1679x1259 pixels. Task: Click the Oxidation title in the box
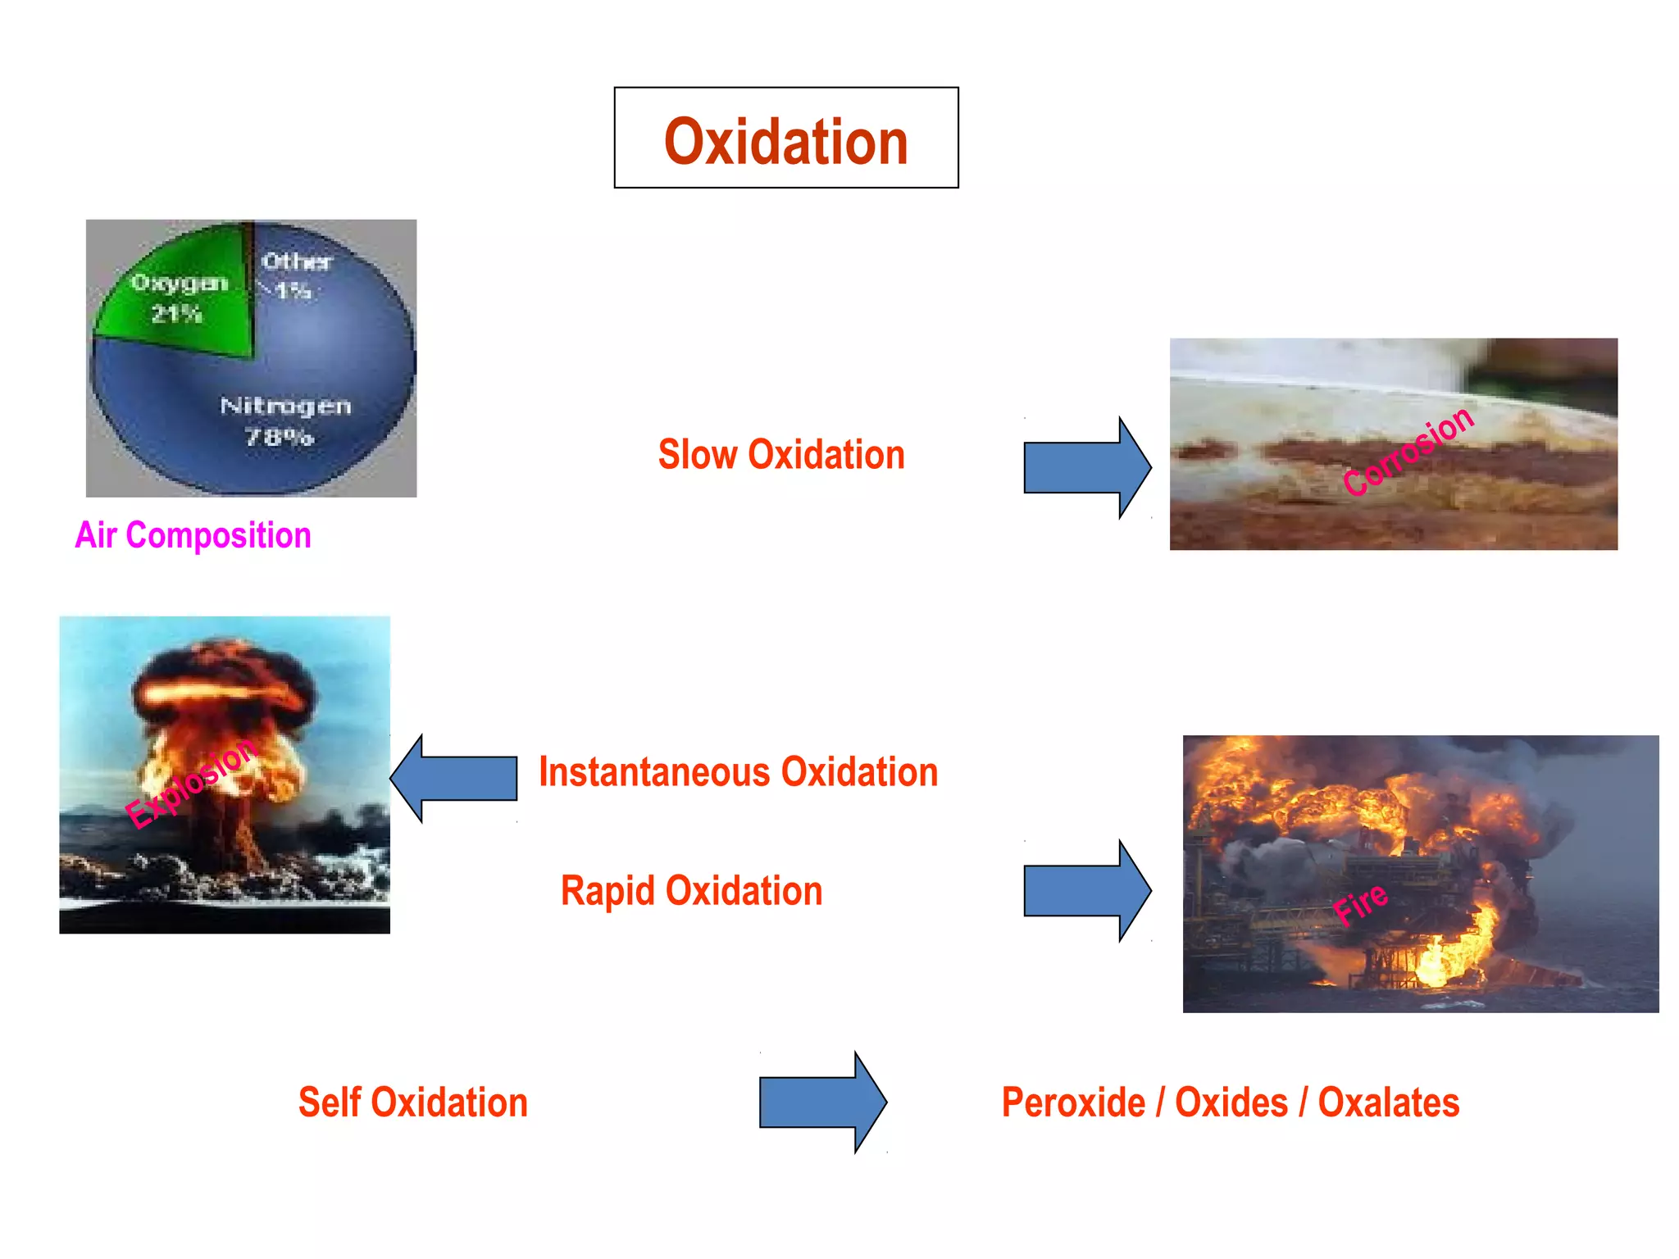tap(785, 141)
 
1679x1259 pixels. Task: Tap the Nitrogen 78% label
tap(284, 421)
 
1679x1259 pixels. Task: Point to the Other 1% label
tap(295, 275)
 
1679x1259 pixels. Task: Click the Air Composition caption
tap(193, 535)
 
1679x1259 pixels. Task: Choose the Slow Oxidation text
tap(780, 455)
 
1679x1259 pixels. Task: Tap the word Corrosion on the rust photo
tap(1408, 451)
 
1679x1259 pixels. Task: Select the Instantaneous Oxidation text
tap(738, 772)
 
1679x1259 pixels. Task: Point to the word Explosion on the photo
tap(192, 782)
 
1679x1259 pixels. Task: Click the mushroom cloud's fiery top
tap(221, 680)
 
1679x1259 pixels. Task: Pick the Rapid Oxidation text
tap(691, 891)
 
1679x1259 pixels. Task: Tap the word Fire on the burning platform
tap(1360, 903)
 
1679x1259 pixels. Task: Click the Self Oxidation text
tap(412, 1102)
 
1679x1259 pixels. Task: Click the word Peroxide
tap(1073, 1102)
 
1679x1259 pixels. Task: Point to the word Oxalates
tap(1388, 1102)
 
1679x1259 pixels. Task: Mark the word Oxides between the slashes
tap(1231, 1102)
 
